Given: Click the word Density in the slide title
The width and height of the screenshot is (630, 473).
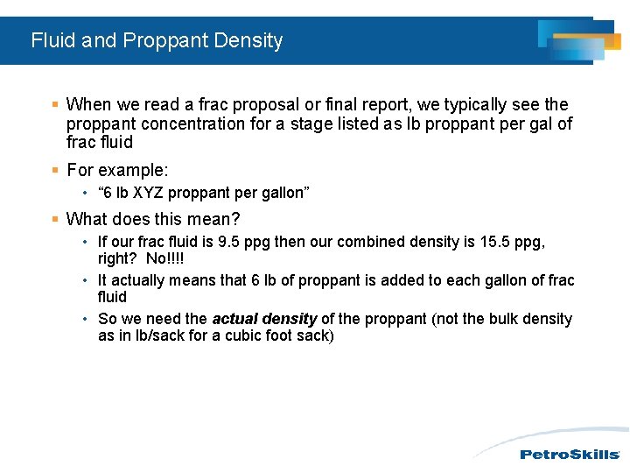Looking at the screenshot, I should [250, 40].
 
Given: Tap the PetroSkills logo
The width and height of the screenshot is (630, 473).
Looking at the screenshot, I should [570, 454].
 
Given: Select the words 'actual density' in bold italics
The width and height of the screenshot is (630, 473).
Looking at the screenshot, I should [264, 319].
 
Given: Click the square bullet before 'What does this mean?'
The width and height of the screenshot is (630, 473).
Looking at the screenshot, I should [55, 218].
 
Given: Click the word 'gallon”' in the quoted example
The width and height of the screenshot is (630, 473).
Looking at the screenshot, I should [284, 193].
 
